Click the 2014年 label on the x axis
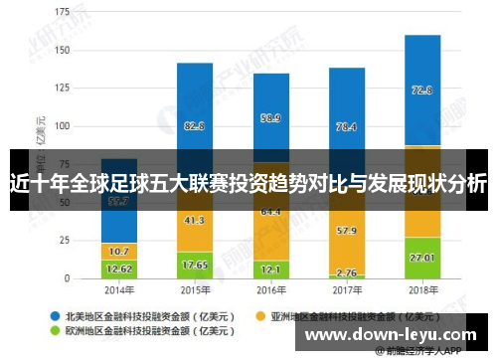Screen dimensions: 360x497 pyautogui.click(x=119, y=291)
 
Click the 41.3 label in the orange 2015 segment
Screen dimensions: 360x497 pyautogui.click(x=195, y=220)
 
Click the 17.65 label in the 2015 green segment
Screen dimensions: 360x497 pyautogui.click(x=195, y=265)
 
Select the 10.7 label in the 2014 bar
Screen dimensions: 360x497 pyautogui.click(x=119, y=251)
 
